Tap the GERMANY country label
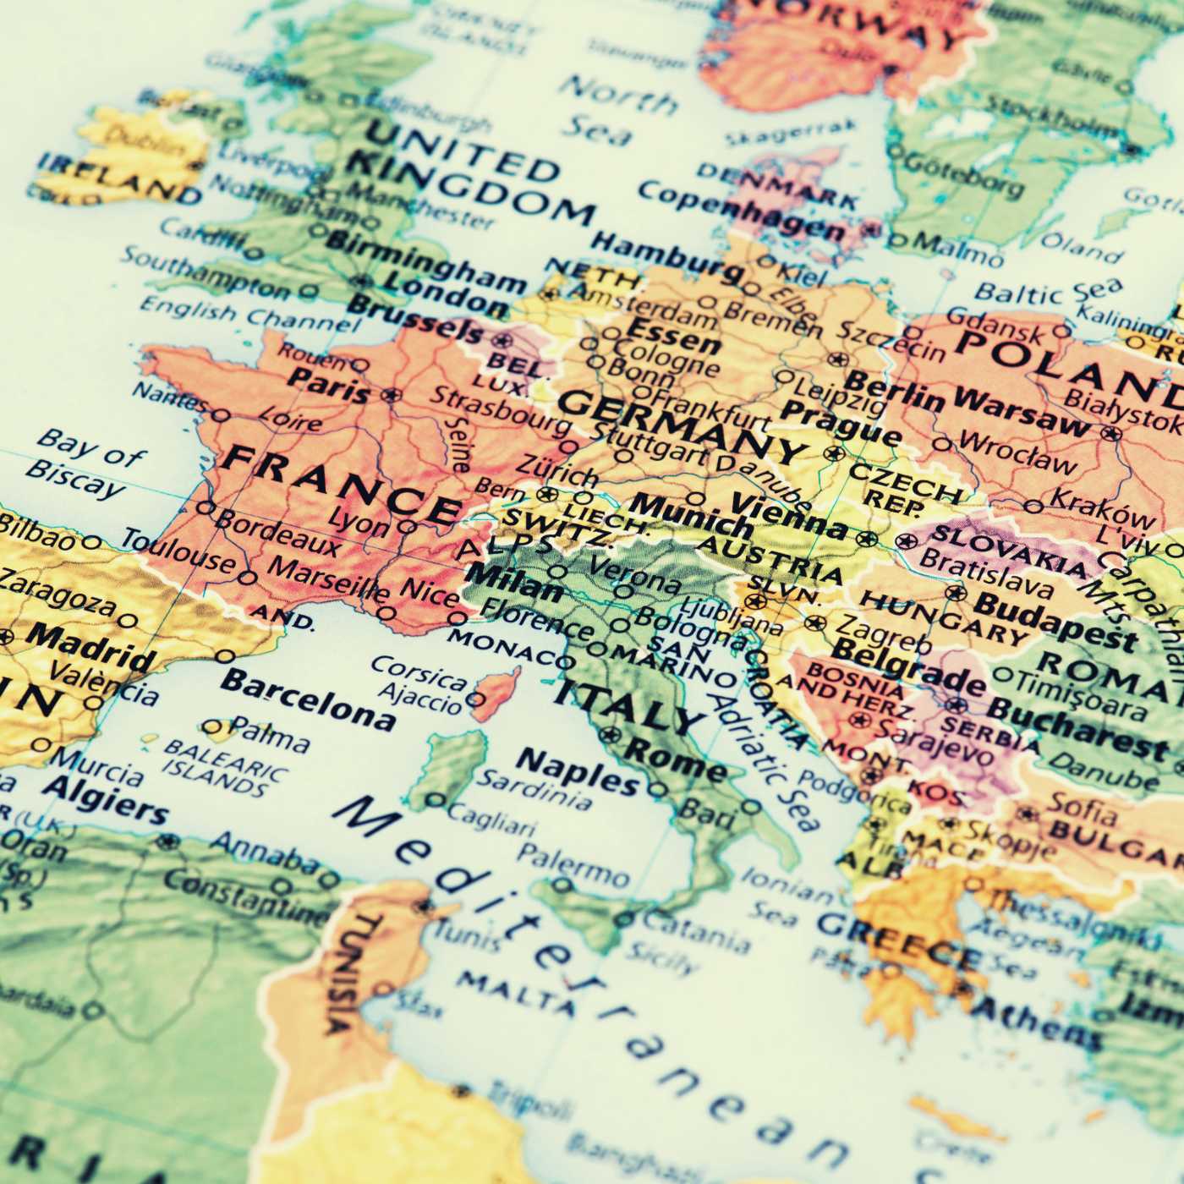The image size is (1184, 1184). click(681, 428)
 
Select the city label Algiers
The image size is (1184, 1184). click(106, 799)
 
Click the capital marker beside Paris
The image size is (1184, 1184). click(391, 394)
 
